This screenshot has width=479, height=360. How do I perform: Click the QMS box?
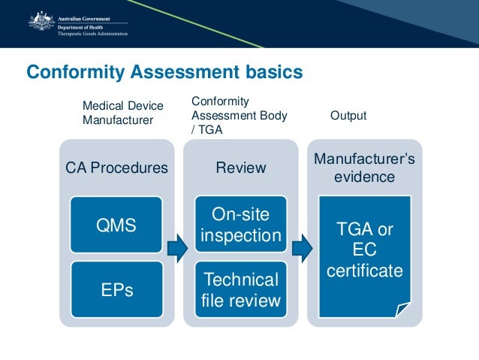[116, 225]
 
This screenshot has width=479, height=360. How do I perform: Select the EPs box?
[116, 289]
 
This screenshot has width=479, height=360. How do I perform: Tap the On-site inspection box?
[240, 225]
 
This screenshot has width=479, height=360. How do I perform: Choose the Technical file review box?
[240, 290]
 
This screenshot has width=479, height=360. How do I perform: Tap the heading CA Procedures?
[117, 168]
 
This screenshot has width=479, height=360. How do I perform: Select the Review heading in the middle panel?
[241, 168]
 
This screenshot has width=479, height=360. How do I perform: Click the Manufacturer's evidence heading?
[364, 168]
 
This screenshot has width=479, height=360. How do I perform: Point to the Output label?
[348, 116]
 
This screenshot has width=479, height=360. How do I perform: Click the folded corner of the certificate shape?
[403, 309]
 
